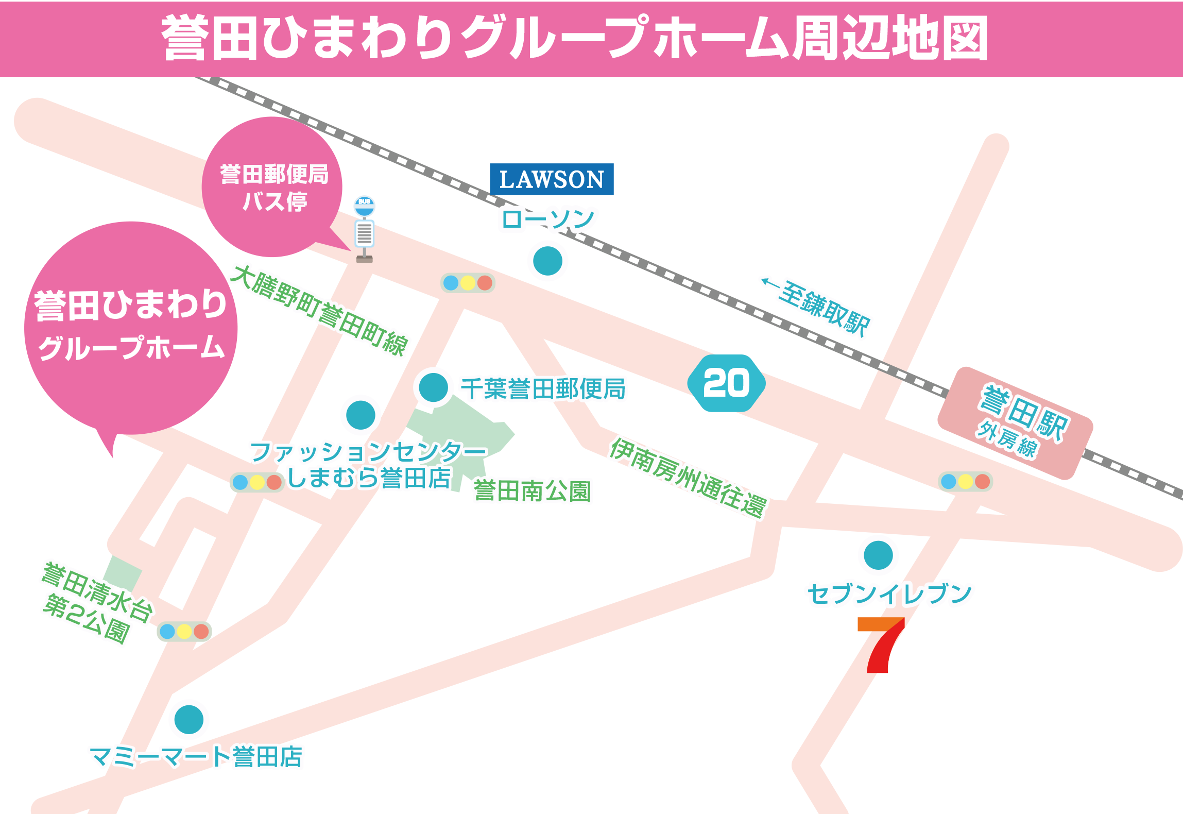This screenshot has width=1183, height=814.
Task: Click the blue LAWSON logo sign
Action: pyautogui.click(x=552, y=179)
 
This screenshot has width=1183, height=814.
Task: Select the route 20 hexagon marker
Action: pyautogui.click(x=726, y=383)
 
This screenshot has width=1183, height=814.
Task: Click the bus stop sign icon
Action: pyautogui.click(x=365, y=229)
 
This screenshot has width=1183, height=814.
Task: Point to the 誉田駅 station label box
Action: pyautogui.click(x=1015, y=423)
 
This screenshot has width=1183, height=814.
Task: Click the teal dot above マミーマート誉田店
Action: pyautogui.click(x=189, y=719)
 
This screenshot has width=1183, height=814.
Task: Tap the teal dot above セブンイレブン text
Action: pyautogui.click(x=878, y=555)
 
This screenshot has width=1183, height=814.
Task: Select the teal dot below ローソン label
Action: pyautogui.click(x=547, y=261)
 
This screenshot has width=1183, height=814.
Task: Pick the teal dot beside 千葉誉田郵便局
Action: pyautogui.click(x=433, y=387)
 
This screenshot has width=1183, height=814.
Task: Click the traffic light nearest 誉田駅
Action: pyautogui.click(x=965, y=481)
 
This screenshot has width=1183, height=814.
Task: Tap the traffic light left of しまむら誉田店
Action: pyautogui.click(x=257, y=482)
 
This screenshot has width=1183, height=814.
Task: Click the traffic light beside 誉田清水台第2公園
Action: pyautogui.click(x=184, y=631)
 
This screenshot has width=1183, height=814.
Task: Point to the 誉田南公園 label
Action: pyautogui.click(x=532, y=491)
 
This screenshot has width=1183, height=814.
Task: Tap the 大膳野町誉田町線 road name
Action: pyautogui.click(x=320, y=311)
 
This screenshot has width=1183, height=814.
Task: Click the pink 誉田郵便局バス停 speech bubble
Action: pyautogui.click(x=272, y=186)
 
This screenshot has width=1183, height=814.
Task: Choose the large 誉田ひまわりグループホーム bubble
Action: pyautogui.click(x=131, y=327)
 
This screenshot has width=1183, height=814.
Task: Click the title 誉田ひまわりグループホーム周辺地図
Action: pyautogui.click(x=574, y=38)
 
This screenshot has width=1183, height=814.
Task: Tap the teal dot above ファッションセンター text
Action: pyautogui.click(x=361, y=415)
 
